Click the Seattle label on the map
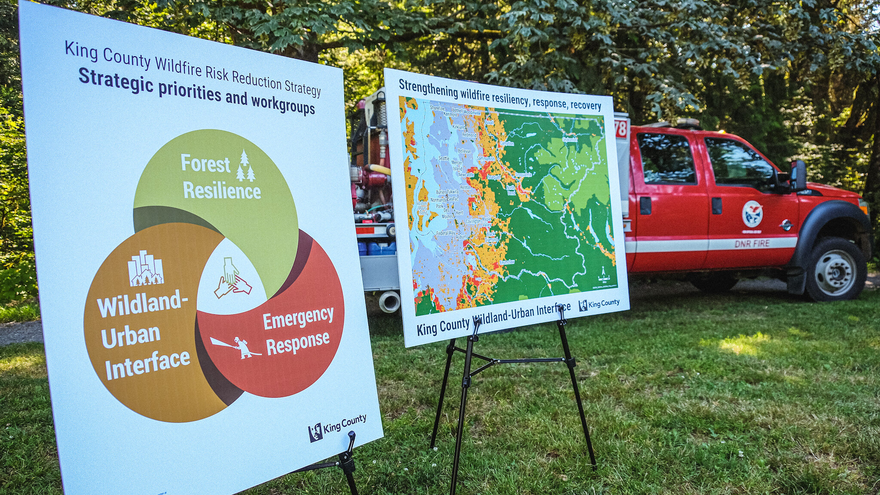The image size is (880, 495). pyautogui.click(x=443, y=158)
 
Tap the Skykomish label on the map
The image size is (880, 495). pyautogui.click(x=570, y=140)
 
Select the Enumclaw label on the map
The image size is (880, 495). pyautogui.click(x=507, y=262)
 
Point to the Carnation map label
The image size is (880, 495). pyautogui.click(x=507, y=144)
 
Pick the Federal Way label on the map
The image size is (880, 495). pyautogui.click(x=446, y=233)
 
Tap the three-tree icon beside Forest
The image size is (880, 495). pyautogui.click(x=245, y=166)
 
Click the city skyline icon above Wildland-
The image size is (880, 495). pyautogui.click(x=146, y=269)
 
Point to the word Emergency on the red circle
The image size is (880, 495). pyautogui.click(x=298, y=318)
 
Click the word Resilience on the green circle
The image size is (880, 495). pyautogui.click(x=222, y=191)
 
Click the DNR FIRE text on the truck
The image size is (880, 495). pyautogui.click(x=752, y=244)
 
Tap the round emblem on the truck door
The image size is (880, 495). pyautogui.click(x=752, y=214)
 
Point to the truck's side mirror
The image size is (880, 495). pyautogui.click(x=798, y=175)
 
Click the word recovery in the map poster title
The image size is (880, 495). pyautogui.click(x=586, y=105)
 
